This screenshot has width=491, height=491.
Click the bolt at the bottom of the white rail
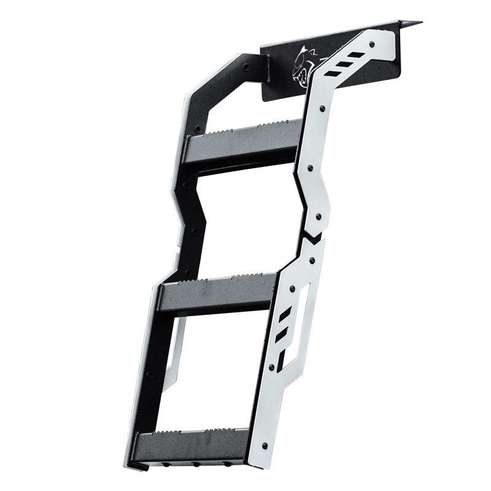264,445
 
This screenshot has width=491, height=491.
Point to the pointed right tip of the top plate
420,23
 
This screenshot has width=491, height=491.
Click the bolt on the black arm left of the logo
245,64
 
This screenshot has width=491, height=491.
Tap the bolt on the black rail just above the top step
197,129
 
